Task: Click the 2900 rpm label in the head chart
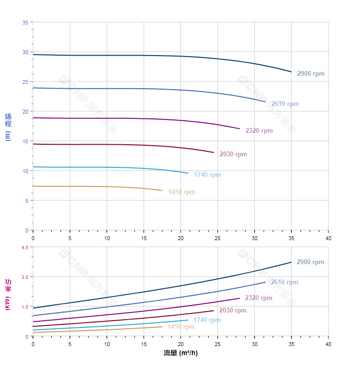coord(311,74)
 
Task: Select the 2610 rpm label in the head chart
coord(285,104)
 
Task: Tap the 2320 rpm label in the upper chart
coord(259,130)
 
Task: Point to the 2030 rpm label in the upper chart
coord(233,154)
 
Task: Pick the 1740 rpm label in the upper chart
coord(207,174)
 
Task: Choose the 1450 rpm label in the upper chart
coord(181,192)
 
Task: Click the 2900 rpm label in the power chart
coord(310,262)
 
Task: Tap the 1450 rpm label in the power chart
coord(181,327)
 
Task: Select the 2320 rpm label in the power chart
coord(259,298)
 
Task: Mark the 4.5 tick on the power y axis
coord(24,247)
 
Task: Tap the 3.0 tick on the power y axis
coord(24,277)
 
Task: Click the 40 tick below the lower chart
coord(328,344)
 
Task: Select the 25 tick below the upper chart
coord(218,238)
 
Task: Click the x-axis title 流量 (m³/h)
coord(180,353)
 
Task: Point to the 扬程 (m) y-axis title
coord(8,127)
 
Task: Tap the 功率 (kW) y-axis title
coord(8,294)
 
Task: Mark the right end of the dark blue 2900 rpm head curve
coord(291,72)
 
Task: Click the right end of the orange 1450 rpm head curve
coord(162,191)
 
